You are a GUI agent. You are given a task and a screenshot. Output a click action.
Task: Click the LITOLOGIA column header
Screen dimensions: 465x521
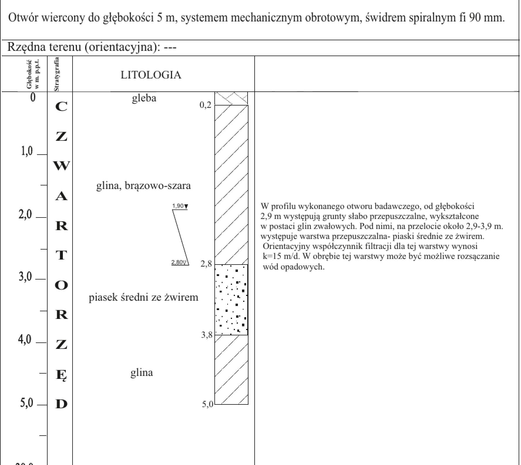pos(151,75)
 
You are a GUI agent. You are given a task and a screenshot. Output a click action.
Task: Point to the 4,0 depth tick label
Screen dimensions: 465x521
pos(24,340)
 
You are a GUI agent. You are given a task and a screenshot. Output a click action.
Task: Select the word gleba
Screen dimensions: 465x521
pos(144,98)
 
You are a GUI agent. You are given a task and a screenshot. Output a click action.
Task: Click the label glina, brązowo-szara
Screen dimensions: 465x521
pos(143,186)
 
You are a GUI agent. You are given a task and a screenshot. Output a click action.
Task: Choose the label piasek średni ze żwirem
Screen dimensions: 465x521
pos(143,297)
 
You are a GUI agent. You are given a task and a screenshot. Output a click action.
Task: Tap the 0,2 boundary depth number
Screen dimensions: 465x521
pos(205,105)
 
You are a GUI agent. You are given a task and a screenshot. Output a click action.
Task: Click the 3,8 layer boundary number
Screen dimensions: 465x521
pos(206,335)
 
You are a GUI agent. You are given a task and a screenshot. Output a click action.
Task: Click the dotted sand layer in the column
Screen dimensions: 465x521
pos(231,300)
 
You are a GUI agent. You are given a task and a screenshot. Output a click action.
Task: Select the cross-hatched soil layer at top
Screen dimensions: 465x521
pos(231,98)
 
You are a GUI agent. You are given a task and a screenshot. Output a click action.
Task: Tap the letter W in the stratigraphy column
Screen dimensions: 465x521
pos(61,166)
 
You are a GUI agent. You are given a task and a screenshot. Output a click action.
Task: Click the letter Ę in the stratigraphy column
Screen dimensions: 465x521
pos(61,375)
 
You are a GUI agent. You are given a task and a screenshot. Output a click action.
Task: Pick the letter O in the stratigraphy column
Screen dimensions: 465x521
pos(61,285)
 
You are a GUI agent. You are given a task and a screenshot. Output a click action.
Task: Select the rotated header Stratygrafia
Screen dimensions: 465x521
pos(57,74)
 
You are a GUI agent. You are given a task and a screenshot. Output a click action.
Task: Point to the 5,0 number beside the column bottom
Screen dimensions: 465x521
pos(207,404)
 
